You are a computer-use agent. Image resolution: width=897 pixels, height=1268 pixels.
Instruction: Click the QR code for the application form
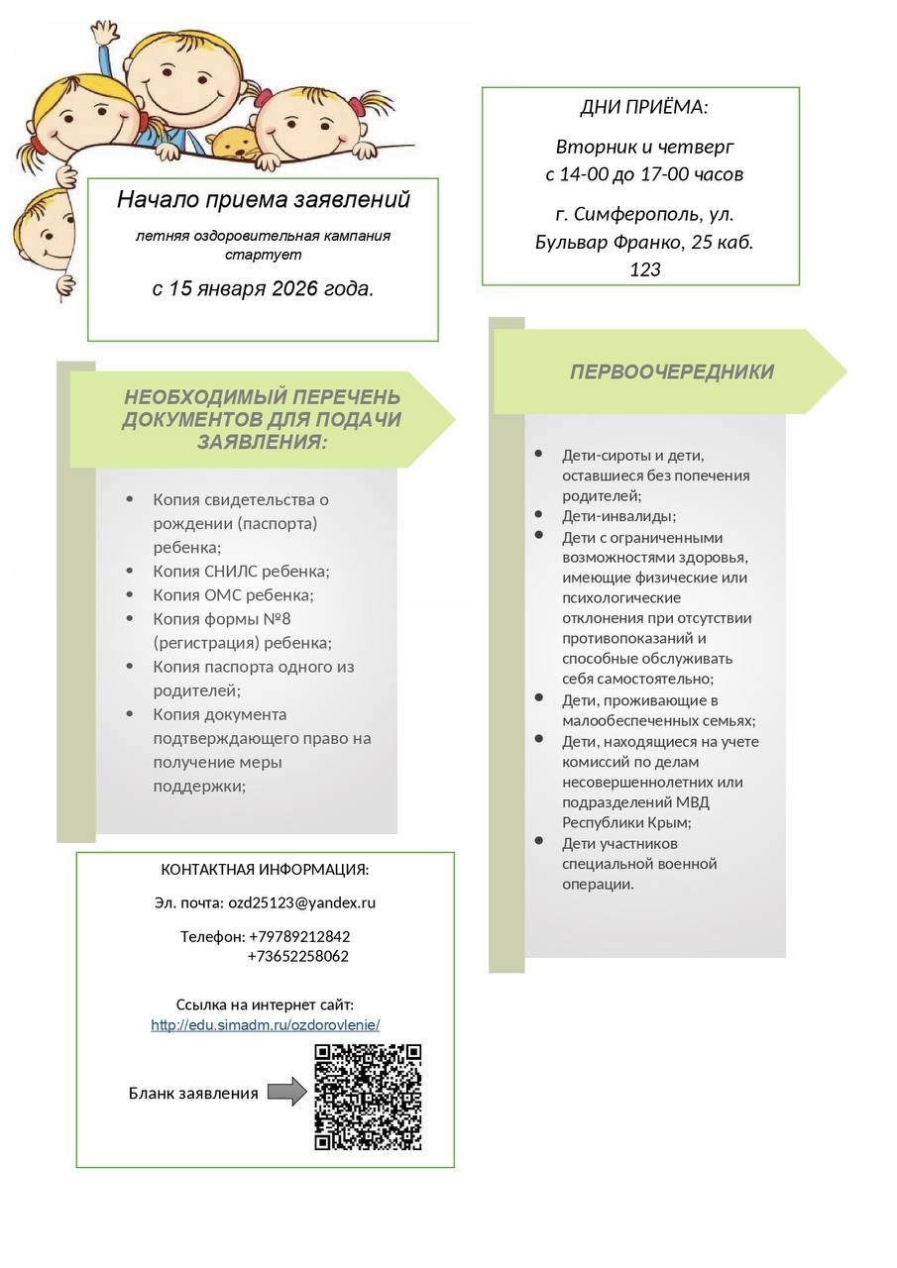(368, 1097)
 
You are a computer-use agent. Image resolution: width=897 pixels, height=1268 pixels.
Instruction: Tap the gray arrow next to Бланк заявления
(286, 1093)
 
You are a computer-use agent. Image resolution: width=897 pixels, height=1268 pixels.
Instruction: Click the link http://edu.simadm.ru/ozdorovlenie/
(265, 1025)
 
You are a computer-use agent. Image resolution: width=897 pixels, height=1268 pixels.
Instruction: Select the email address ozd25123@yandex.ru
(301, 902)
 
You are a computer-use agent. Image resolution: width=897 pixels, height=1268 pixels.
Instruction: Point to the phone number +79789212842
(298, 936)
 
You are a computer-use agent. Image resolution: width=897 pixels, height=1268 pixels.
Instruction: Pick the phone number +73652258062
(297, 957)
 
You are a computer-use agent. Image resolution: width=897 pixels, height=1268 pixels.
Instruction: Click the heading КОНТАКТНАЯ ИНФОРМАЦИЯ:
(265, 870)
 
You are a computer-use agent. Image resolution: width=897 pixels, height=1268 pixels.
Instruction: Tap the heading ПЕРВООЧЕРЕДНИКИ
(671, 372)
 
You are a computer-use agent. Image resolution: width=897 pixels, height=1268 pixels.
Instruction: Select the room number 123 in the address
(644, 269)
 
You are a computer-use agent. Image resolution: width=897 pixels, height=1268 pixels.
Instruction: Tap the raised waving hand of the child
(103, 34)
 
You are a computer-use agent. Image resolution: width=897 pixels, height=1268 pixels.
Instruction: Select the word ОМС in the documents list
(222, 595)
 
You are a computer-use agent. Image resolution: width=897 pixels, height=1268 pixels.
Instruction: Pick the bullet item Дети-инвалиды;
(618, 516)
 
